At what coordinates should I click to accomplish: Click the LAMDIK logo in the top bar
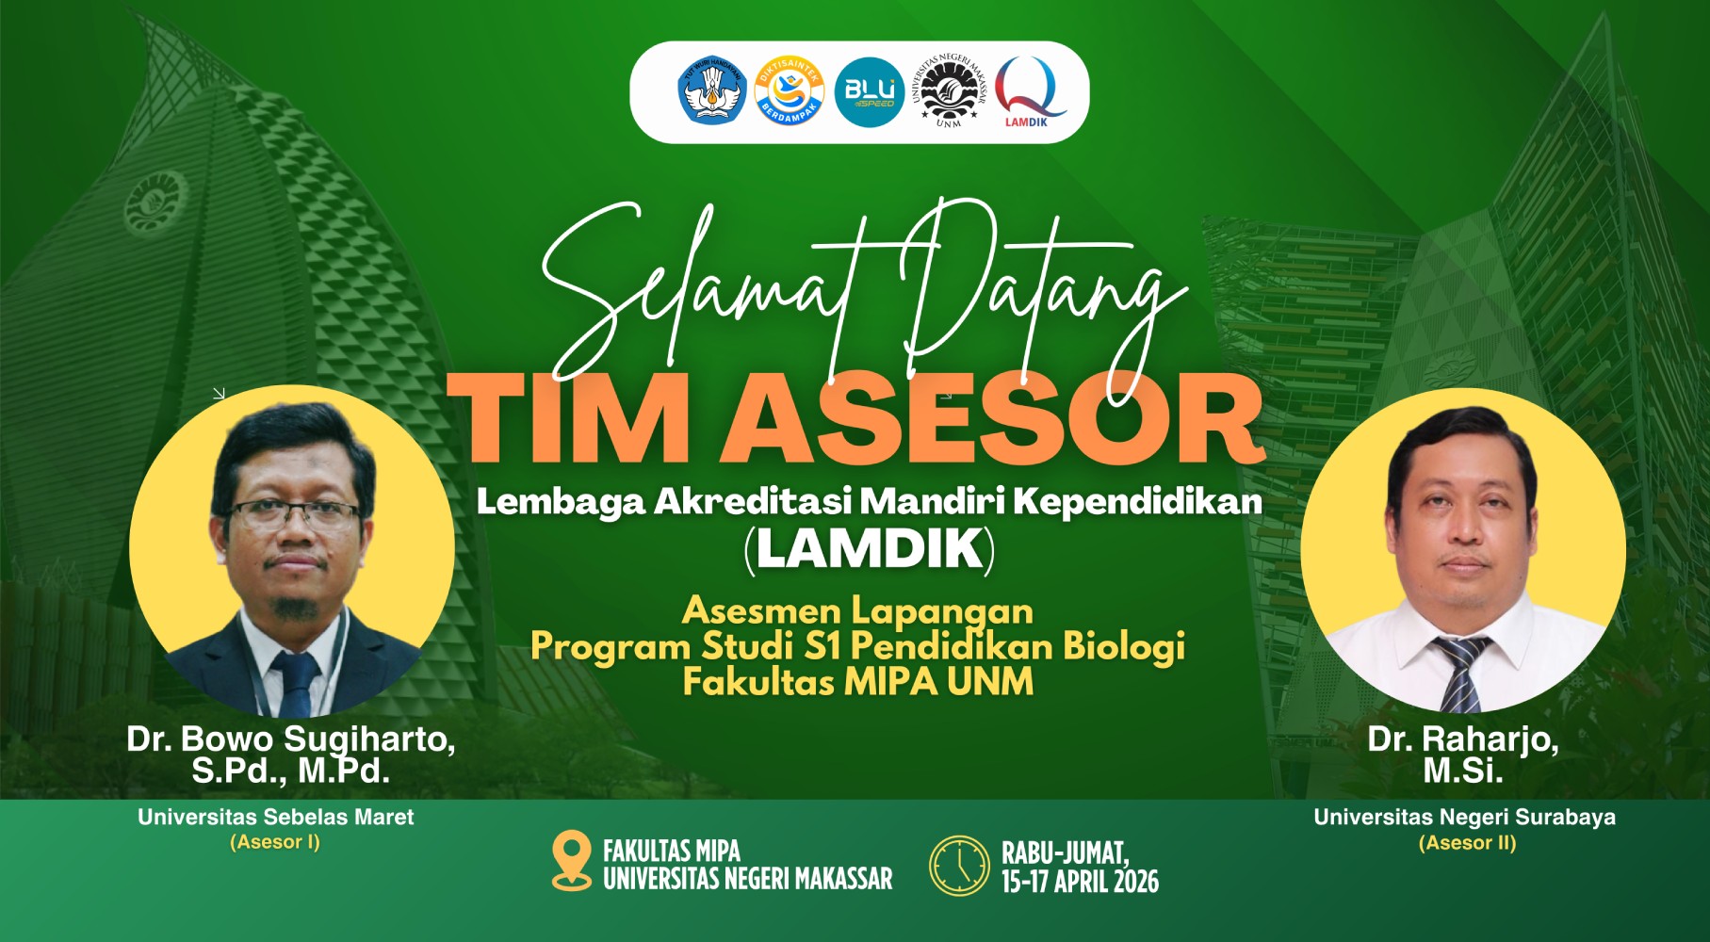1031,91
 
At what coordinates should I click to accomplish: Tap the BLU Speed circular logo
869,92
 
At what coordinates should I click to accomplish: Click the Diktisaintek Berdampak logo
790,92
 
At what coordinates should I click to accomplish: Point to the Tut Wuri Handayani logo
712,92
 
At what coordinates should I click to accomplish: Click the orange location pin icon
570,860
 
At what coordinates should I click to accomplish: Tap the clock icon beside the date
959,865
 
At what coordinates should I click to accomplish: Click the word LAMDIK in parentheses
870,549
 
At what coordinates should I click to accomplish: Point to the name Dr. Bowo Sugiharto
290,739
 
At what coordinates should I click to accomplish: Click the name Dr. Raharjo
1462,739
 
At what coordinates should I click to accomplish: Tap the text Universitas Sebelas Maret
276,817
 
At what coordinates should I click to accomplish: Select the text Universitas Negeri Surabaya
1464,817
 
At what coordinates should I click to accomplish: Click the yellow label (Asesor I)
275,842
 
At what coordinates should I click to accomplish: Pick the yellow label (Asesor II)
1467,843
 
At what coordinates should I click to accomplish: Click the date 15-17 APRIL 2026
1080,882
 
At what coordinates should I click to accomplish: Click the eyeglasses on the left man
293,514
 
